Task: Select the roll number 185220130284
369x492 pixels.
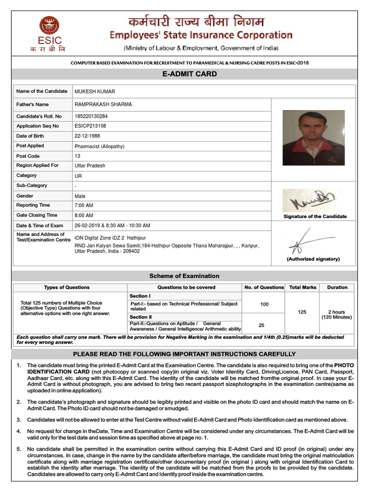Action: [x=91, y=116]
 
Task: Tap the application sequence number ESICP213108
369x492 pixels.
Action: [x=90, y=126]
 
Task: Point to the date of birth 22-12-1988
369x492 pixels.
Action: [x=87, y=136]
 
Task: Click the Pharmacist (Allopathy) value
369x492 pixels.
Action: [x=99, y=146]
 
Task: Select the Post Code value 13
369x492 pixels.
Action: [x=77, y=156]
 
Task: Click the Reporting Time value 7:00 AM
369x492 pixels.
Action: [x=84, y=206]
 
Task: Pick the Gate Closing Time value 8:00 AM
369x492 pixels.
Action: [x=84, y=216]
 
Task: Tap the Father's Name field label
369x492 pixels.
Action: [x=33, y=104]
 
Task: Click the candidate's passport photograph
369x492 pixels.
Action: [x=313, y=138]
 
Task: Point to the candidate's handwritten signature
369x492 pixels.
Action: [x=312, y=200]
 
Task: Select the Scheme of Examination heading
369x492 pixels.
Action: [x=184, y=276]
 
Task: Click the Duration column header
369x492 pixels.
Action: [x=337, y=287]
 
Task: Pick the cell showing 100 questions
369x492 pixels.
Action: [x=264, y=305]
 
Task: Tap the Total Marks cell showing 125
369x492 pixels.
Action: [x=302, y=312]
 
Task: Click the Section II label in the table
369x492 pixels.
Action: [x=140, y=317]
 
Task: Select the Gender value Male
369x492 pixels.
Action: [x=80, y=196]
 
